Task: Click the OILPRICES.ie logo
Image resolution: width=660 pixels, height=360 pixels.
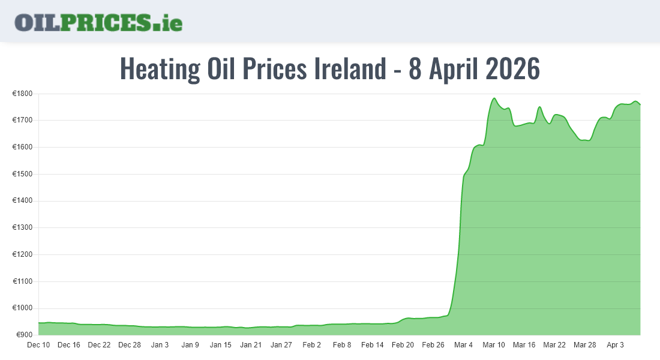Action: point(98,22)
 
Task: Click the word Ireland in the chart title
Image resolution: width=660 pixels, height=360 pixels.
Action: point(350,69)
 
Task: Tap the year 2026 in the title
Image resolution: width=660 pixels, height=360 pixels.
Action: point(512,69)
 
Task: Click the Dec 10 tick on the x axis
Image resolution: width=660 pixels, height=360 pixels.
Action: point(38,345)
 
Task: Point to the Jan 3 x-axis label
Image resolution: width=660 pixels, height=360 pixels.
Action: point(160,345)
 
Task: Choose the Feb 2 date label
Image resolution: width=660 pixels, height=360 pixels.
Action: point(311,345)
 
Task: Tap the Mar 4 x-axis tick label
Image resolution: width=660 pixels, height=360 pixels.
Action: point(463,345)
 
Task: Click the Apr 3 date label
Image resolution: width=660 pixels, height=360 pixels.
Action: point(615,345)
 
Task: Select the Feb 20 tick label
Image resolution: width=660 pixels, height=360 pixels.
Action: point(403,345)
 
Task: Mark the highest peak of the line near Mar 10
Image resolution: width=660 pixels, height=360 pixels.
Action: point(494,98)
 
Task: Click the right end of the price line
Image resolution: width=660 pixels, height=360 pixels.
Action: point(640,104)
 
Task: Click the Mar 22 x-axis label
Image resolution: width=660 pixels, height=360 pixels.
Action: point(554,345)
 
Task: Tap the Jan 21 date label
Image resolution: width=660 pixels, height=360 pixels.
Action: point(251,345)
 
